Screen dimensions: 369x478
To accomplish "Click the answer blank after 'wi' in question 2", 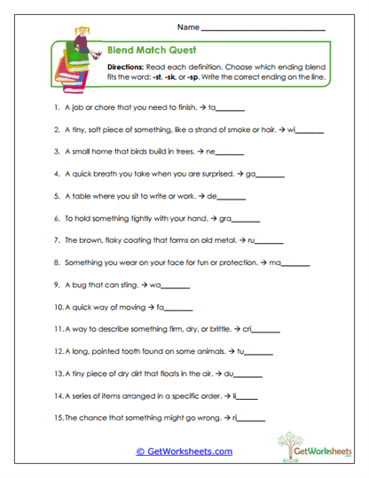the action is [x=310, y=132].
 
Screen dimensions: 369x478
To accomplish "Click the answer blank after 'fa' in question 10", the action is [x=179, y=310].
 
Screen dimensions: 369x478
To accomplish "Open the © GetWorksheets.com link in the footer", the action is [x=184, y=451].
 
